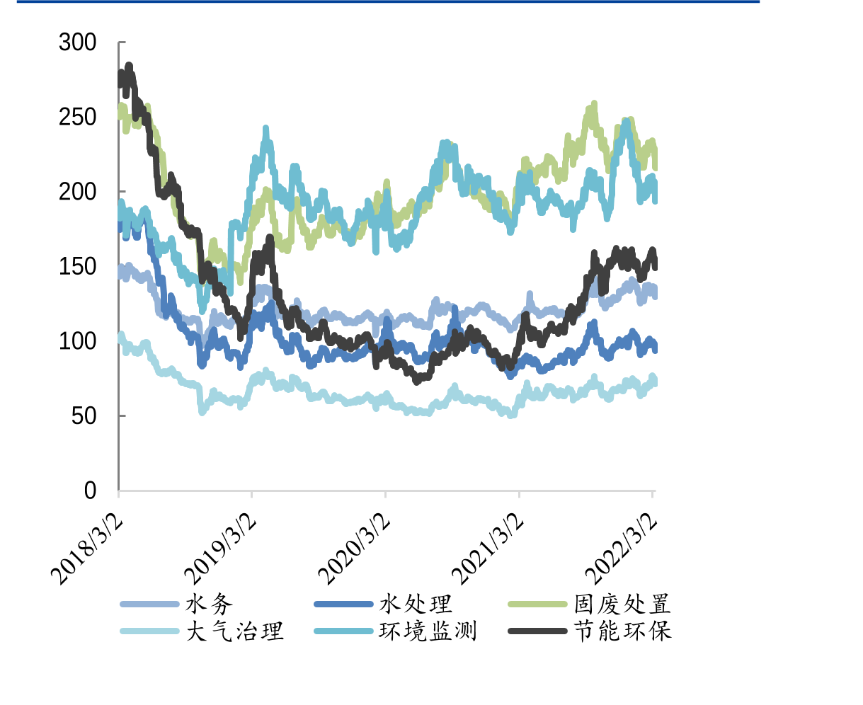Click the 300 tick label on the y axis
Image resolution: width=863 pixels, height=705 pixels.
click(x=77, y=42)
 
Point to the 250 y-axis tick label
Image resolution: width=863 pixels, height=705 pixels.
click(x=77, y=117)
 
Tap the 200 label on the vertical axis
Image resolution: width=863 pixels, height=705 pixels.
click(x=77, y=192)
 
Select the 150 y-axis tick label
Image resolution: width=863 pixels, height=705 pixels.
click(x=77, y=267)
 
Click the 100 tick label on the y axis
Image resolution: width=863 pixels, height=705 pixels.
click(x=77, y=341)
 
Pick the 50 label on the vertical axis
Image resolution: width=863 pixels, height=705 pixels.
click(x=84, y=416)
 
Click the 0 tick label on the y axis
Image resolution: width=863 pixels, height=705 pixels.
click(x=90, y=491)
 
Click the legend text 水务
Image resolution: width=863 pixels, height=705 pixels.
click(x=209, y=604)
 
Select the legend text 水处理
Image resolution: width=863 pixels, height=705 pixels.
click(x=416, y=604)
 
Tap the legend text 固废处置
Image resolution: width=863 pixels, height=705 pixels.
click(x=622, y=604)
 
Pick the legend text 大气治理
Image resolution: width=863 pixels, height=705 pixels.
click(x=234, y=631)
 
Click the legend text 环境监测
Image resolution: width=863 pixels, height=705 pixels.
click(x=428, y=631)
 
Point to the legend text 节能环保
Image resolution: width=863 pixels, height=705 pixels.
click(x=622, y=631)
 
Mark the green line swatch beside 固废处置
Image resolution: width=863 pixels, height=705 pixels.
click(x=538, y=604)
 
